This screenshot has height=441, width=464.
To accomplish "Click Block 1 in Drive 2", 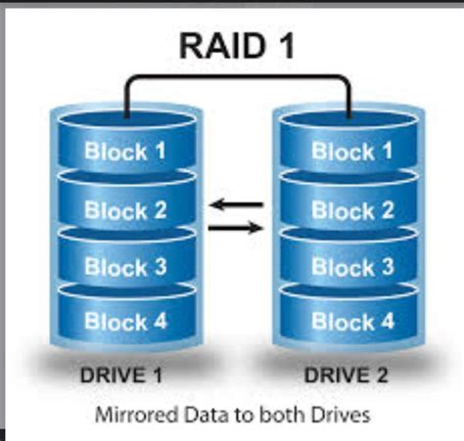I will (352, 152).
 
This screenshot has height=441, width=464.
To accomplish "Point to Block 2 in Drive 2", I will (352, 209).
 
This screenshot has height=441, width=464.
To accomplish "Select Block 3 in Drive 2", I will (352, 266).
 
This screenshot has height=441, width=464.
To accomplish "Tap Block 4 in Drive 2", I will (352, 321).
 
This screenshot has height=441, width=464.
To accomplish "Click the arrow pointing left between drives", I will (238, 205).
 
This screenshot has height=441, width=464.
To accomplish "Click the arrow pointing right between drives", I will (238, 228).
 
